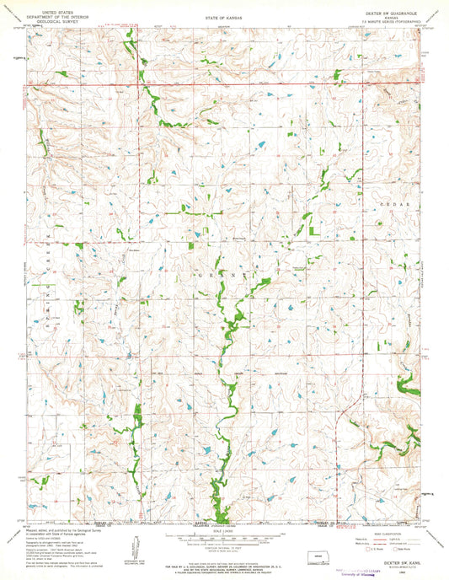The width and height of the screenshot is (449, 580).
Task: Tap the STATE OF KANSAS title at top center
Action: [x=222, y=16]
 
